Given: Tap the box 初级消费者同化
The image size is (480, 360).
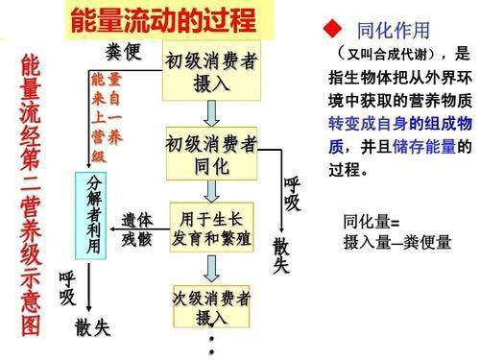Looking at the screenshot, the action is (212, 153).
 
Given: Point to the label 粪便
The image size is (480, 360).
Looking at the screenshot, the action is (122, 52).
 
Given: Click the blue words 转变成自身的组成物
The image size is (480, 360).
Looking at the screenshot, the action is (397, 126).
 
